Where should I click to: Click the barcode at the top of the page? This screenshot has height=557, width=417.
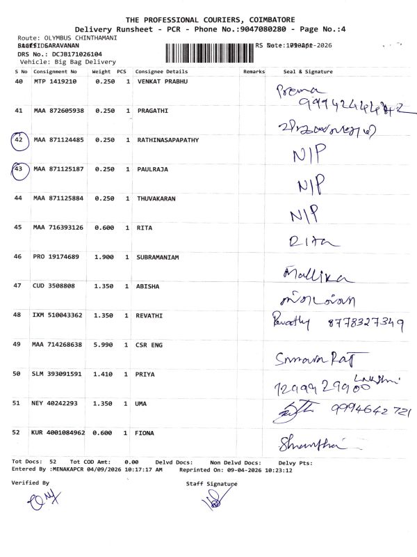[x=208, y=52]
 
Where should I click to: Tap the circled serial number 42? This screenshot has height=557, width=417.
[x=19, y=140]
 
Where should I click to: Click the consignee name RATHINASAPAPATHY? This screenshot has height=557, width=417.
[x=167, y=140]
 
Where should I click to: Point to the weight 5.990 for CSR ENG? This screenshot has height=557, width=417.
[x=104, y=345]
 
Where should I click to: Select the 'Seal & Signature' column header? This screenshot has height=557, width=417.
[x=309, y=72]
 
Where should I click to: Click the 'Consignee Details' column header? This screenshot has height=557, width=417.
[x=161, y=72]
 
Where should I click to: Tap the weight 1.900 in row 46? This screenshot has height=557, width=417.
[x=104, y=257]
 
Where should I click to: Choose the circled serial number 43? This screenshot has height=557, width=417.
[x=19, y=169]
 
